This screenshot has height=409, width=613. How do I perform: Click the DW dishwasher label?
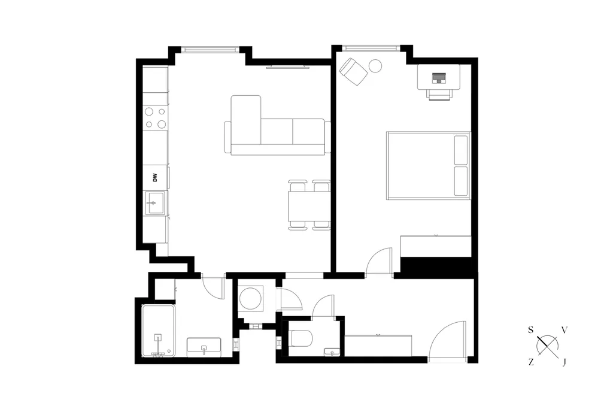click(155, 178)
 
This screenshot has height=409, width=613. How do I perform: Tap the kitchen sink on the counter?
click(155, 203)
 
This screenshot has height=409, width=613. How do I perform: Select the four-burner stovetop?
click(155, 118)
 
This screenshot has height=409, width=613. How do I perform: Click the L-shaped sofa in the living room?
click(278, 125)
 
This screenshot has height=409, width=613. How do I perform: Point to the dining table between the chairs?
click(309, 205)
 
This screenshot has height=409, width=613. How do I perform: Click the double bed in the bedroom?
click(429, 165)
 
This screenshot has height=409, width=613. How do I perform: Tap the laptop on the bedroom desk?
click(439, 78)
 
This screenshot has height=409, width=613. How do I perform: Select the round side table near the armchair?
click(376, 66)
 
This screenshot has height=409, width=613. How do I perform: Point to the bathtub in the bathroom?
click(158, 331)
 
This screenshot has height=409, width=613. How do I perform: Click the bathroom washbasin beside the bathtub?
click(204, 347)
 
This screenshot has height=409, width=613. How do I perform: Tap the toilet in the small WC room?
click(301, 338)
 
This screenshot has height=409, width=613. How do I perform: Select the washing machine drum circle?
click(250, 299)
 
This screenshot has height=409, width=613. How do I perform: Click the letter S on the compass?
click(530, 330)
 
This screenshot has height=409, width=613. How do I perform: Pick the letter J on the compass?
click(564, 362)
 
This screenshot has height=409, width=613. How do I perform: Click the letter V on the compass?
click(564, 330)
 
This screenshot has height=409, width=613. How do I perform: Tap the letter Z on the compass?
click(530, 362)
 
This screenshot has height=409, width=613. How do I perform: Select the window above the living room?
click(210, 49)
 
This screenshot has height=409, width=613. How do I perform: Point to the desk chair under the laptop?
click(439, 94)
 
